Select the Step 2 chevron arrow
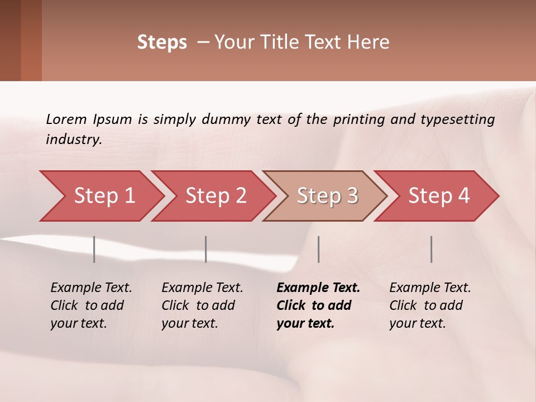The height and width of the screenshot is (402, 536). click(216, 196)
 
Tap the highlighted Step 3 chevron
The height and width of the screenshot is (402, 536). click(327, 196)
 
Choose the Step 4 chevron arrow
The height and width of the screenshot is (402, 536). click(439, 196)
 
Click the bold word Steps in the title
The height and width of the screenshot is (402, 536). click(162, 42)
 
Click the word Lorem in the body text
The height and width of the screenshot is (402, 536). click(66, 119)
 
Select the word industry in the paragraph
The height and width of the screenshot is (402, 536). click(74, 140)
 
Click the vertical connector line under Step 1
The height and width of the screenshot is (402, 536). click(94, 249)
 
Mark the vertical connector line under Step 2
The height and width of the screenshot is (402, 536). click(206, 249)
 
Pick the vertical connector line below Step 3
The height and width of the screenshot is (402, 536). click(318, 249)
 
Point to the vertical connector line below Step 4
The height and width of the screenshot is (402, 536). click(431, 249)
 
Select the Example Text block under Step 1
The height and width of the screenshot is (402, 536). click(91, 305)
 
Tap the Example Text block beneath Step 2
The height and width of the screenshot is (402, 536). click(202, 305)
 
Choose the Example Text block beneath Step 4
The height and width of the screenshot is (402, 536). click(430, 305)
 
